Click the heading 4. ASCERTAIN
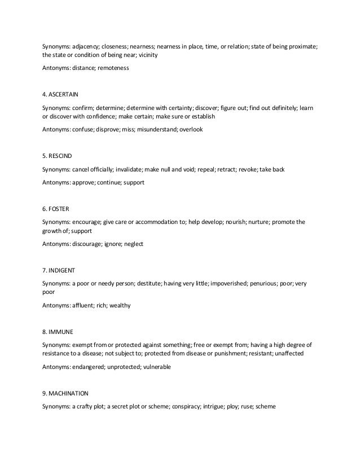click(63, 94)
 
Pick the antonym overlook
click(191, 129)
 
